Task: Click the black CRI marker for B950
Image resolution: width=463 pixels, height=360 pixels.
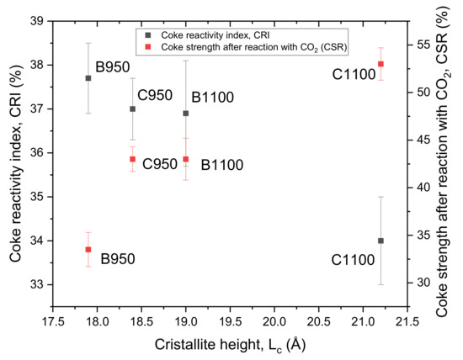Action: click(x=88, y=78)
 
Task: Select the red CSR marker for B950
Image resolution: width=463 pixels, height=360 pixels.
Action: click(x=88, y=250)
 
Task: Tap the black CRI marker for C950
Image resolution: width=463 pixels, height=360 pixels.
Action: click(x=132, y=109)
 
